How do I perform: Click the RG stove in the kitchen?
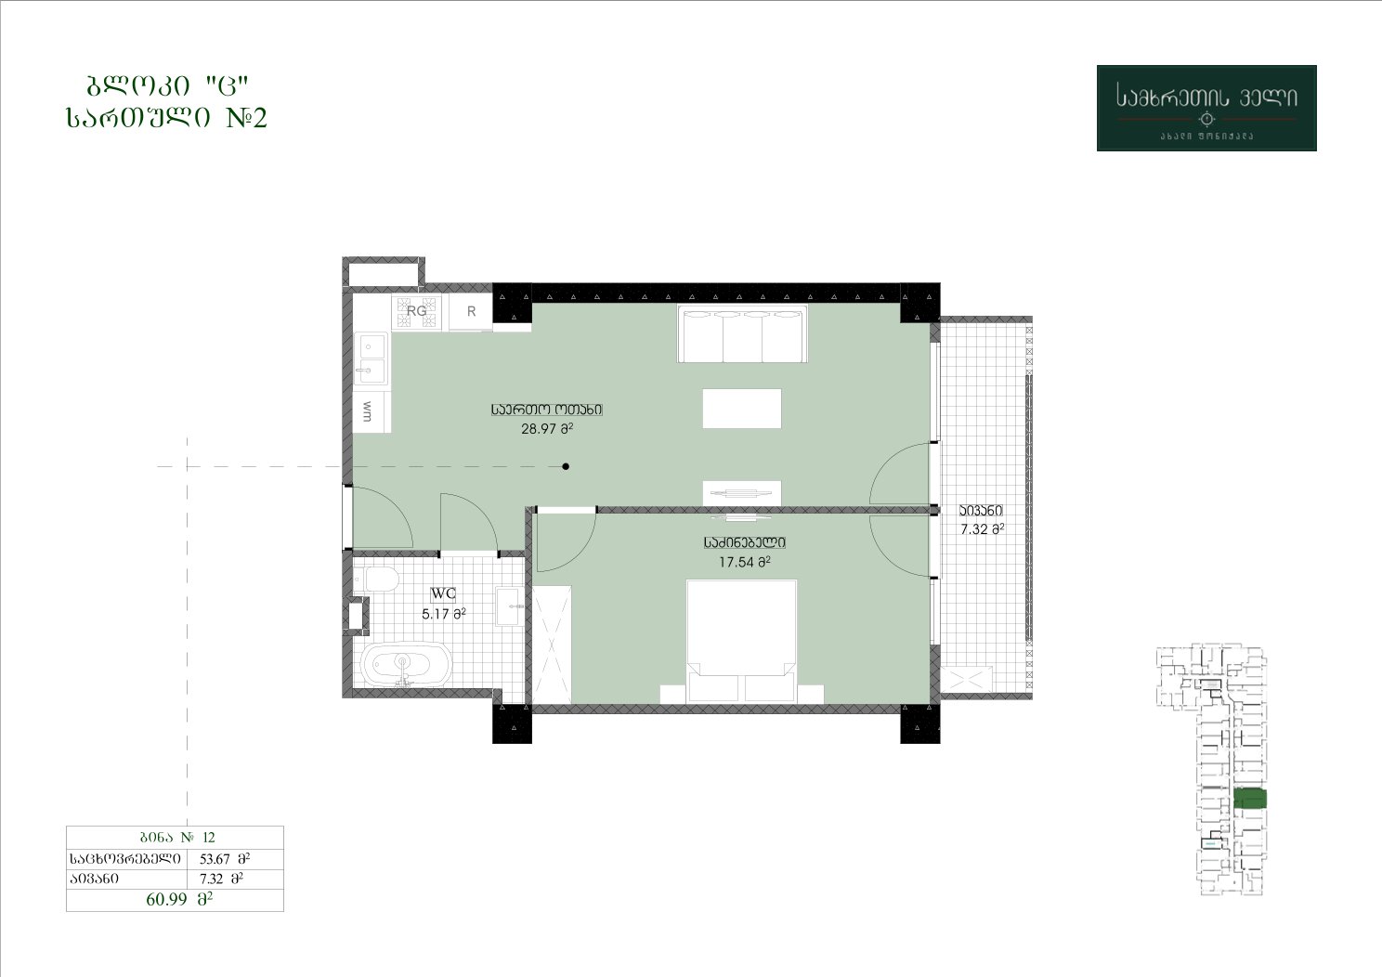click(417, 311)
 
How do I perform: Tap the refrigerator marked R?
click(471, 311)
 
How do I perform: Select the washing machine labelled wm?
click(372, 411)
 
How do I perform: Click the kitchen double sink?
click(371, 360)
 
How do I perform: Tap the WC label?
click(443, 594)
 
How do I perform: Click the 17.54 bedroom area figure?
click(745, 562)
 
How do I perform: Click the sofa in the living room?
click(742, 333)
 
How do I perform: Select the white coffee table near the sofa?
click(742, 409)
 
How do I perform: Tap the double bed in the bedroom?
click(741, 642)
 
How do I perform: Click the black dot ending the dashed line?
click(566, 466)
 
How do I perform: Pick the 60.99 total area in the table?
click(179, 899)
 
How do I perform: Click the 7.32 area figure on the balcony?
click(983, 529)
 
